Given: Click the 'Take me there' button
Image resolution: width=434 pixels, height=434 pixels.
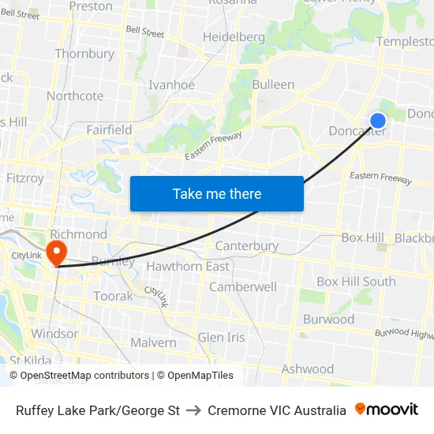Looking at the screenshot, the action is tap(217, 193).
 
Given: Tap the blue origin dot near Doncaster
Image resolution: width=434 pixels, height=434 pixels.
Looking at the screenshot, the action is tap(378, 120).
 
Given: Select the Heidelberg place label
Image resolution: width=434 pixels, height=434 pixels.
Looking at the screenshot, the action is tap(234, 37).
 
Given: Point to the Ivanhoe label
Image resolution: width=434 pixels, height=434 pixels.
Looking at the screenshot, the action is tap(171, 85).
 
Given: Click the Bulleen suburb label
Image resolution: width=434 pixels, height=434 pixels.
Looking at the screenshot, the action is tap(273, 84).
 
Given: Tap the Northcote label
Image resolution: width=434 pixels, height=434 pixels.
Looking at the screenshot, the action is tap(75, 96).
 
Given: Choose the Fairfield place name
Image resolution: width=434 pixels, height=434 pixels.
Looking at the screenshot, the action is tap(109, 129).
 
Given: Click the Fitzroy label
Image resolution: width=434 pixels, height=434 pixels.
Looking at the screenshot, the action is tap(25, 178).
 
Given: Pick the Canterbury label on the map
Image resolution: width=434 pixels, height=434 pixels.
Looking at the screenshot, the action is tap(247, 245).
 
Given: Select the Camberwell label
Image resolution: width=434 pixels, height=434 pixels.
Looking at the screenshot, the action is tap(243, 286).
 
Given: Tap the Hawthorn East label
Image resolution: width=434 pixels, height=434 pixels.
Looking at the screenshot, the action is tap(188, 266).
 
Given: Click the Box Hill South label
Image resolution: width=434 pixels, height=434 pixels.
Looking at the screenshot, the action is tap(356, 282).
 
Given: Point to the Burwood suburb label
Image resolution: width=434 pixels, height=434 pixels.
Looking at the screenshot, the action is tap(329, 320).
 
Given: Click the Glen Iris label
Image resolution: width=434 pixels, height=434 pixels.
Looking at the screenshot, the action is tap(222, 337).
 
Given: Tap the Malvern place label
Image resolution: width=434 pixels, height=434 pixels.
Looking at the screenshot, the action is tap(153, 342).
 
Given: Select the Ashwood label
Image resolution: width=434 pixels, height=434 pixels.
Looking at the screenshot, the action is tap(308, 369).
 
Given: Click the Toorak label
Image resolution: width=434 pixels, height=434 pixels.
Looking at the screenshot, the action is tap(114, 296).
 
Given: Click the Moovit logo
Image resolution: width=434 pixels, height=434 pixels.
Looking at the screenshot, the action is tap(387, 410).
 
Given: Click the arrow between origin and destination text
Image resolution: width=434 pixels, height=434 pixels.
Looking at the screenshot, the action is tap(194, 410).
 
